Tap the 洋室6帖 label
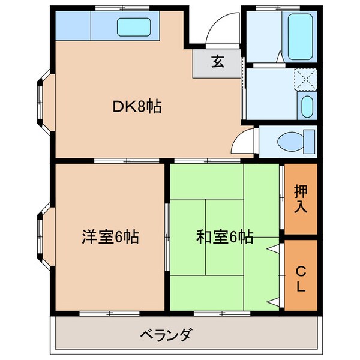[x=110, y=237]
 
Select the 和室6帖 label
[x=224, y=237]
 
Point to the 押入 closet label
[x=301, y=200]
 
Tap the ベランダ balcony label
[x=167, y=334]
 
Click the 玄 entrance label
[x=217, y=62]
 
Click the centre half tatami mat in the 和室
[x=224, y=216]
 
